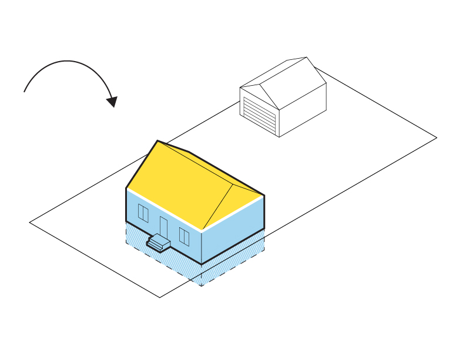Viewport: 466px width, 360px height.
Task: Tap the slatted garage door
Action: pos(260,115)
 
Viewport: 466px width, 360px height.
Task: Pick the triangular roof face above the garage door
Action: pos(258,95)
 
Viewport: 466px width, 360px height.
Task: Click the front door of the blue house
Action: pos(163,227)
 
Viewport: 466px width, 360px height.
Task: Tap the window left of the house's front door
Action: pos(143,213)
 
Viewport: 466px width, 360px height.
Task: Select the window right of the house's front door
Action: pos(184,237)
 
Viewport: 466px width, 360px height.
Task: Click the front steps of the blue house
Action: pos(158,242)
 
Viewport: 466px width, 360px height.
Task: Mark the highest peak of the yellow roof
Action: pos(157,141)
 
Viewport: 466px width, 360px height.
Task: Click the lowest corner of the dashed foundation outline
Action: pos(202,286)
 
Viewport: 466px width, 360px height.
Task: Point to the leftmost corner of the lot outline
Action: pos(30,223)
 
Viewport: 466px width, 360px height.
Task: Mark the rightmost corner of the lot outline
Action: pos(437,137)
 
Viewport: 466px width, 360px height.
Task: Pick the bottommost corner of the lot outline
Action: pos(160,297)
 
